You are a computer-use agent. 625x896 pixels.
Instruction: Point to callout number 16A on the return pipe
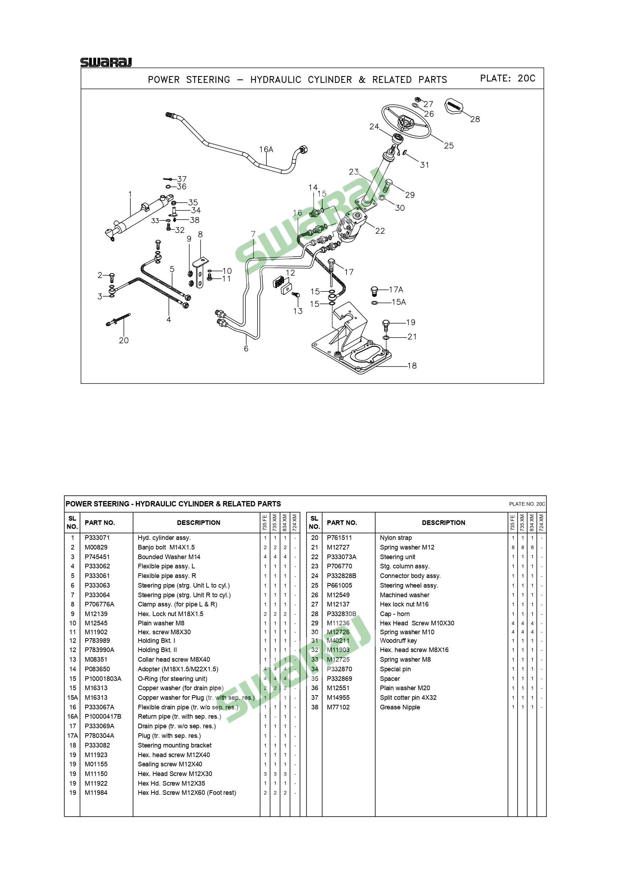tap(266, 150)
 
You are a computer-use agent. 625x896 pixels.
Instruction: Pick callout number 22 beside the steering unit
tap(380, 231)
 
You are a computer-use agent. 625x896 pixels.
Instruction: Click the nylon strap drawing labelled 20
tap(118, 319)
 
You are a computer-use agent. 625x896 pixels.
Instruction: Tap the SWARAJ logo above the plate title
tap(106, 62)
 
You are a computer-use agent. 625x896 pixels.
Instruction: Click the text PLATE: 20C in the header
tap(507, 78)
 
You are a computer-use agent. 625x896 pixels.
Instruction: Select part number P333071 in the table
tap(97, 538)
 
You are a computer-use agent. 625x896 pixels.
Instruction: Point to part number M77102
tap(338, 707)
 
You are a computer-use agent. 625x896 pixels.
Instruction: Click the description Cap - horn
tap(395, 614)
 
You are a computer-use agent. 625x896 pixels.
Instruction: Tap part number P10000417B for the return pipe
tap(103, 717)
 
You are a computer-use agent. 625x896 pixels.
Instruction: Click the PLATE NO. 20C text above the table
tap(527, 504)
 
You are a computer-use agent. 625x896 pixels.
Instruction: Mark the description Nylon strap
tap(396, 538)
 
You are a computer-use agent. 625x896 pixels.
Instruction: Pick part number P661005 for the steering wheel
tap(339, 585)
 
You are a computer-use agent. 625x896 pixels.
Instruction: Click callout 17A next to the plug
tap(396, 290)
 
